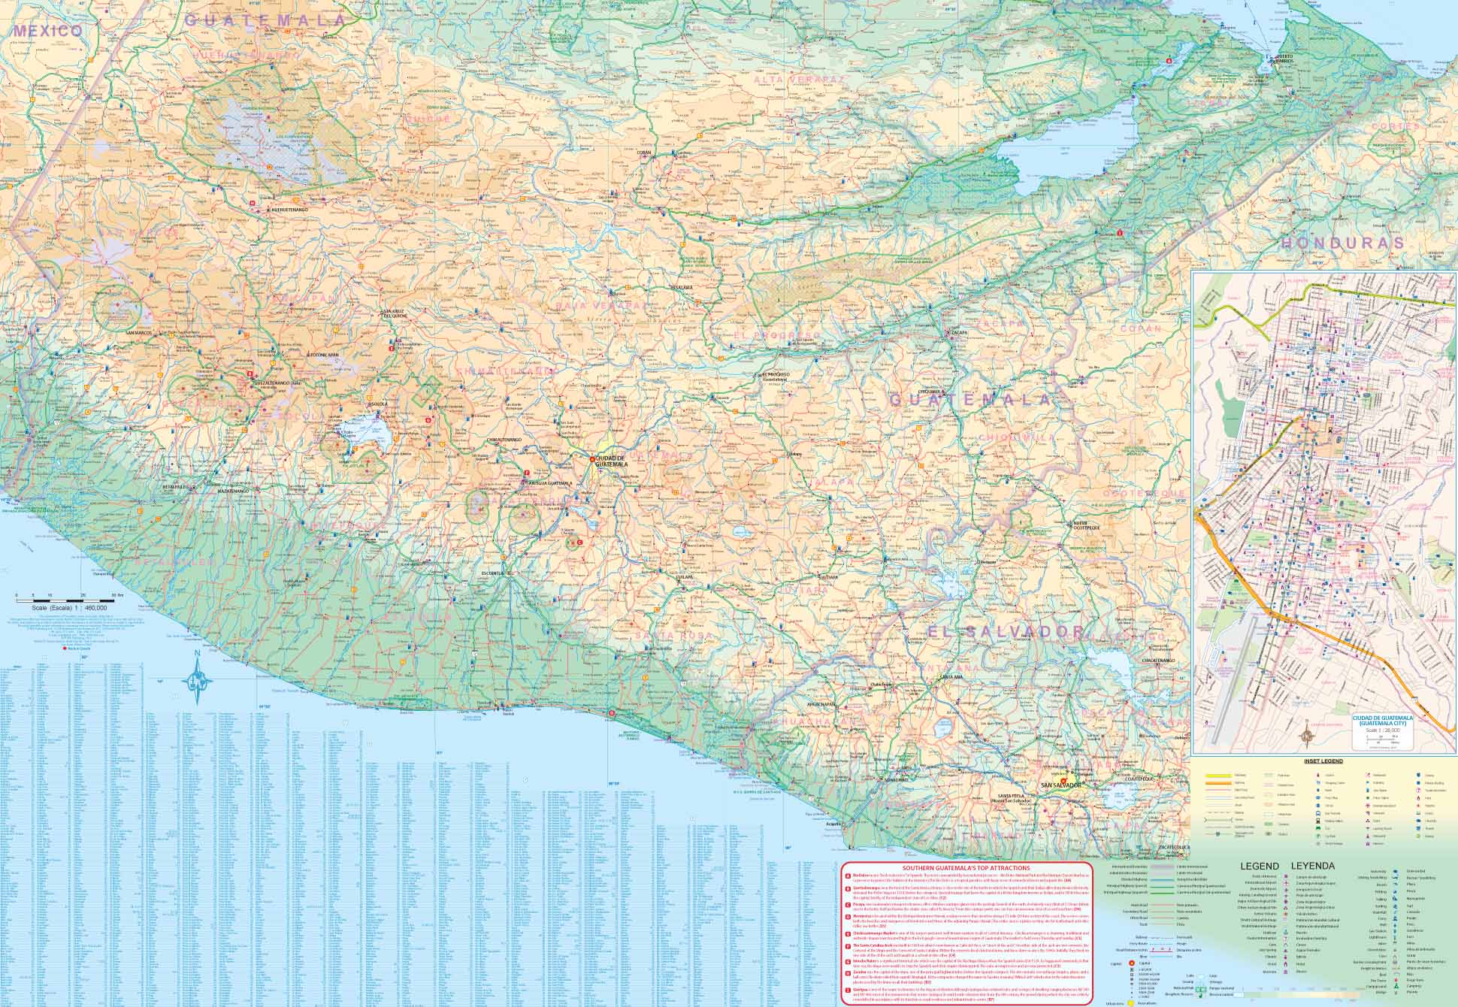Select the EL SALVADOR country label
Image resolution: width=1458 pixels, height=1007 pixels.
coord(1006,632)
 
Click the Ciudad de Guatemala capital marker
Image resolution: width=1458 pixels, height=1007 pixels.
coord(591,459)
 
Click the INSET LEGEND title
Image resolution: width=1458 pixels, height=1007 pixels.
coord(1323,761)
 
